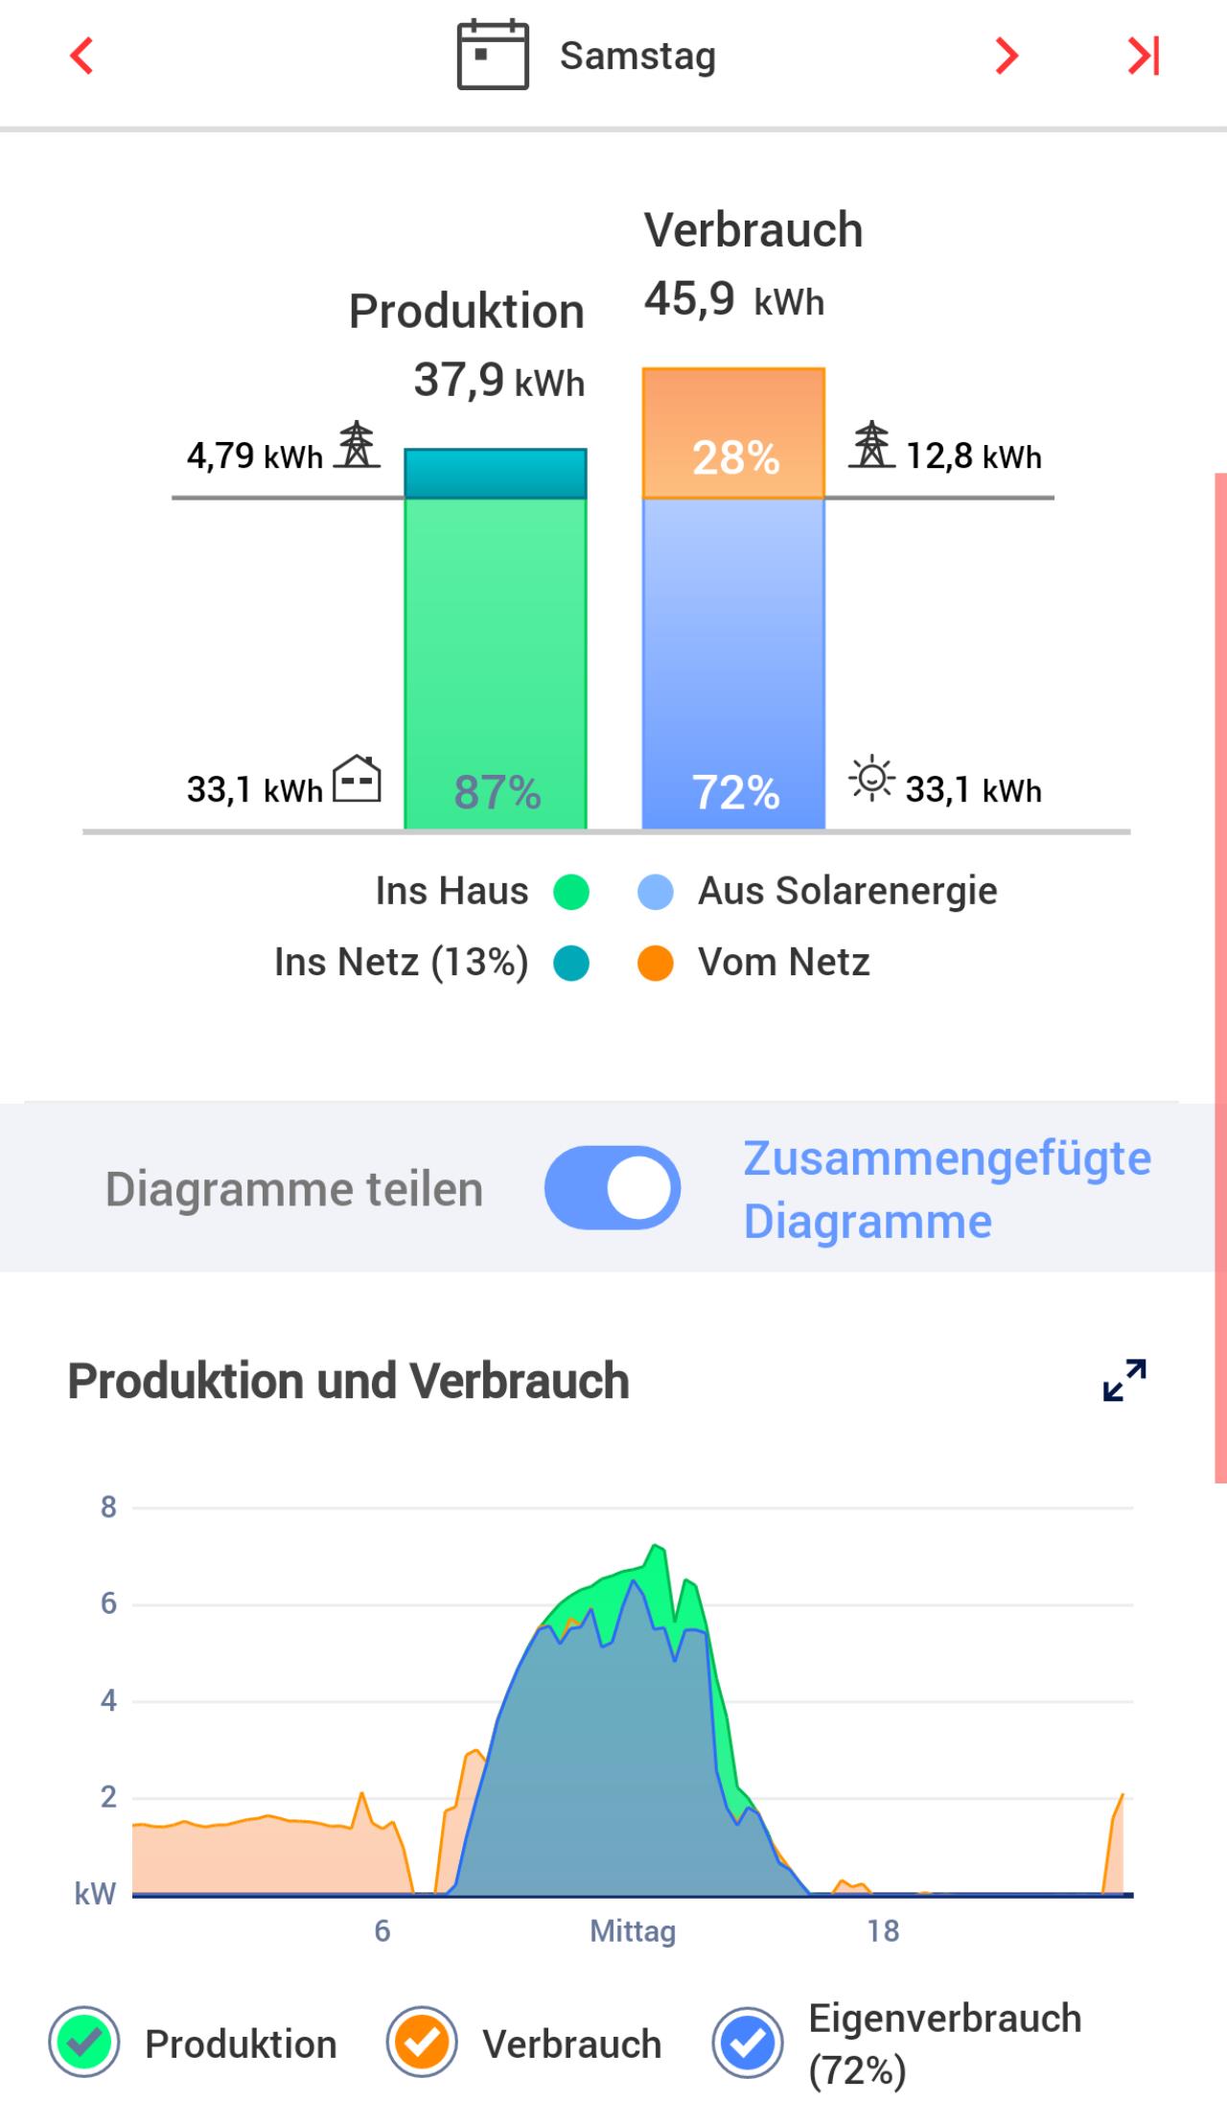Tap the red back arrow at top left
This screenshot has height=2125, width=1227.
(x=82, y=56)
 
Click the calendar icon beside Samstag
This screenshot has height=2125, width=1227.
(x=492, y=56)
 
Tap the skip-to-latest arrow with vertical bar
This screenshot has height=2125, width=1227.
(x=1144, y=56)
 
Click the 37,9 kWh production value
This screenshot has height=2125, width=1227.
(x=498, y=381)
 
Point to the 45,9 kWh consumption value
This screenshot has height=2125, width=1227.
(x=733, y=299)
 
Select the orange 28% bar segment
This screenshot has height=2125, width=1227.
(x=733, y=433)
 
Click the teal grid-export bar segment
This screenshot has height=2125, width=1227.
(x=495, y=474)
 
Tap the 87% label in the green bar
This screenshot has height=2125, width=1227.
(x=497, y=792)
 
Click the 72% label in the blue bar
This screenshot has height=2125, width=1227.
(x=735, y=792)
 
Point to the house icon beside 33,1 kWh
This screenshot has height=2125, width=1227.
(x=357, y=779)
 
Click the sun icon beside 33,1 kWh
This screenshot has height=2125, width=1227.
(x=871, y=779)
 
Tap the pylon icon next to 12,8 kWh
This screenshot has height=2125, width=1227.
(x=871, y=445)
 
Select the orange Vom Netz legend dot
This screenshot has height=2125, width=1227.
(x=656, y=963)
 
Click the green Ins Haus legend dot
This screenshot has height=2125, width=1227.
(x=571, y=892)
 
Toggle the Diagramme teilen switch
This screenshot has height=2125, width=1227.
(x=613, y=1188)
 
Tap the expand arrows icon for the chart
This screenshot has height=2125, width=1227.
(x=1124, y=1380)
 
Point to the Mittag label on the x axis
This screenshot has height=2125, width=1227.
(x=633, y=1930)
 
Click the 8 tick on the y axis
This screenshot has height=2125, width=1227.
(x=108, y=1507)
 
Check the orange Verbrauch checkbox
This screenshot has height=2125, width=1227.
(x=421, y=2043)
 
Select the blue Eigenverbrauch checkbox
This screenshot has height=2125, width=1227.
(x=748, y=2043)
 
